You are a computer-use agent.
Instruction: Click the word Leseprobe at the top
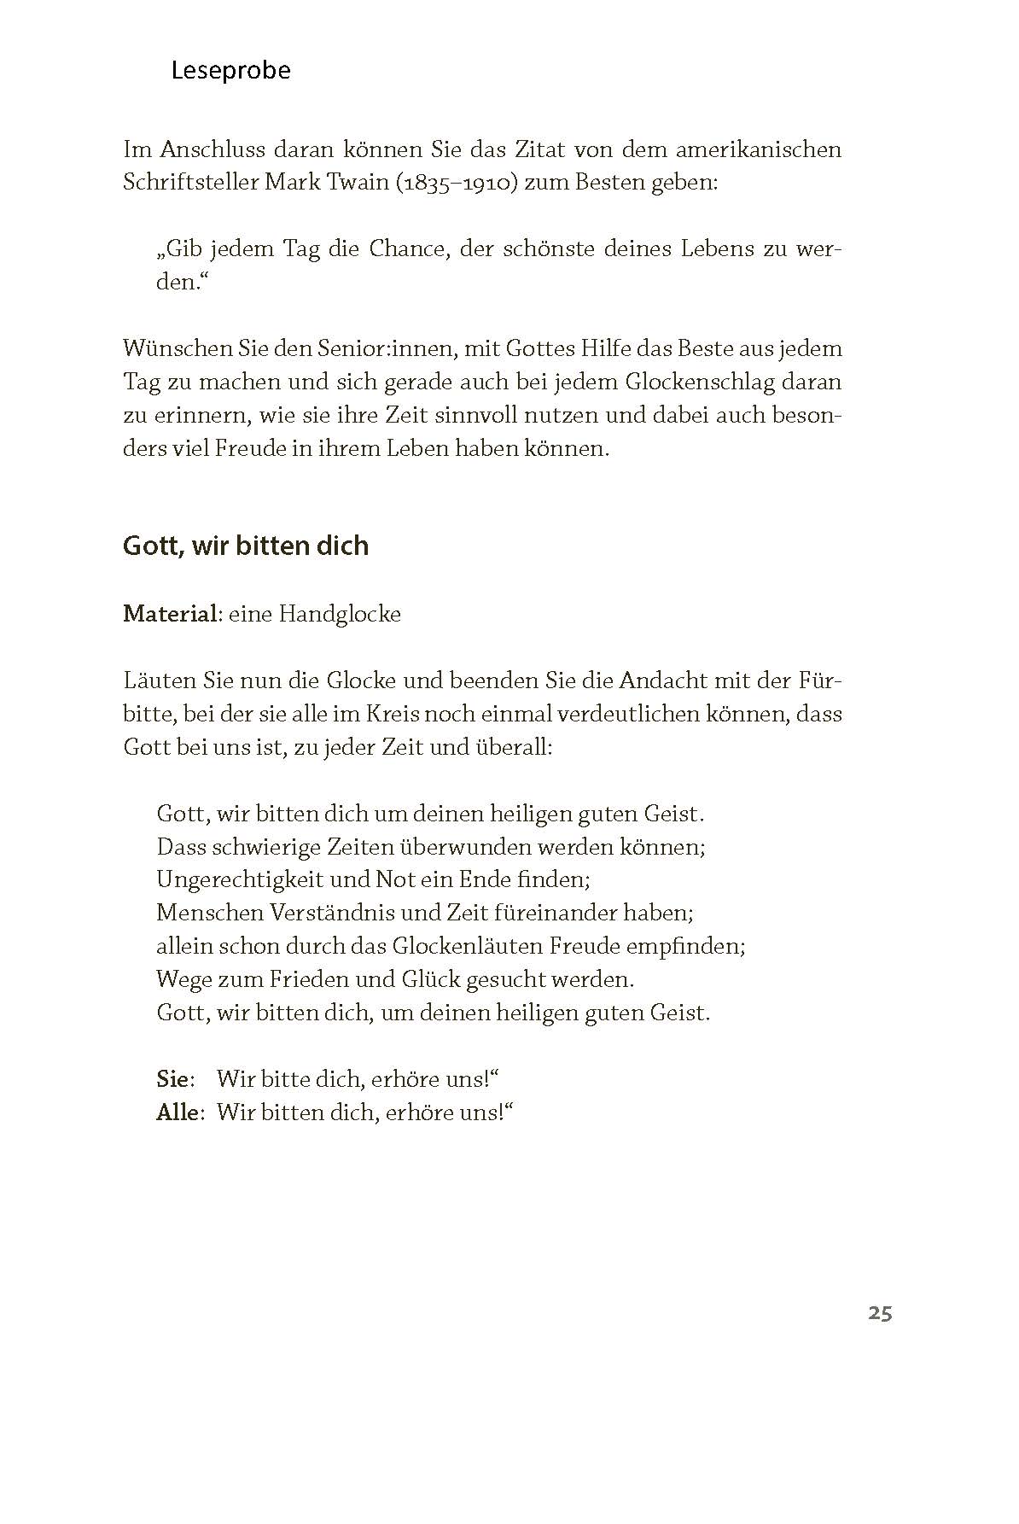pyautogui.click(x=230, y=70)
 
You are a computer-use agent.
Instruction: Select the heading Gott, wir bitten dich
pyautogui.click(x=246, y=546)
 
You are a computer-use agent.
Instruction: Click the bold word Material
pyautogui.click(x=170, y=614)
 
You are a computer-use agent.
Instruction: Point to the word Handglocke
pyautogui.click(x=340, y=614)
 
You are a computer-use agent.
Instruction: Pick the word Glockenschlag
pyautogui.click(x=700, y=382)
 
